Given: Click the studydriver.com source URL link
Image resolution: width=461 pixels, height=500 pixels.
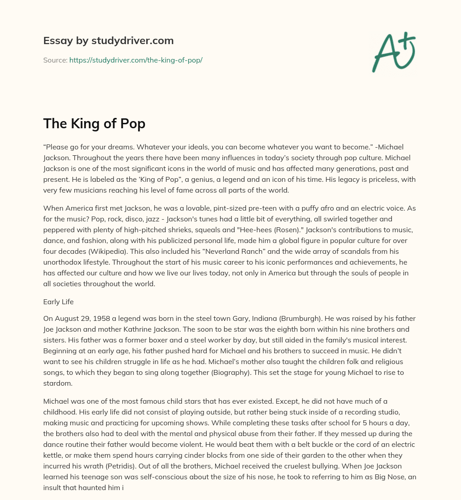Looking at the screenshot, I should [136, 60].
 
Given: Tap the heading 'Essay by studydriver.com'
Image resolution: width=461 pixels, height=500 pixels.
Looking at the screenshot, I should [108, 41].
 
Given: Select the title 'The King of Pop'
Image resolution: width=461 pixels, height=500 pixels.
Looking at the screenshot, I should [94, 123].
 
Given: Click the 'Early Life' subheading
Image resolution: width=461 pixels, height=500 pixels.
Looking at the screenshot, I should [58, 302].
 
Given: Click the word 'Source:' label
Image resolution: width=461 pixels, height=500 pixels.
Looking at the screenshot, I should [55, 60].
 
